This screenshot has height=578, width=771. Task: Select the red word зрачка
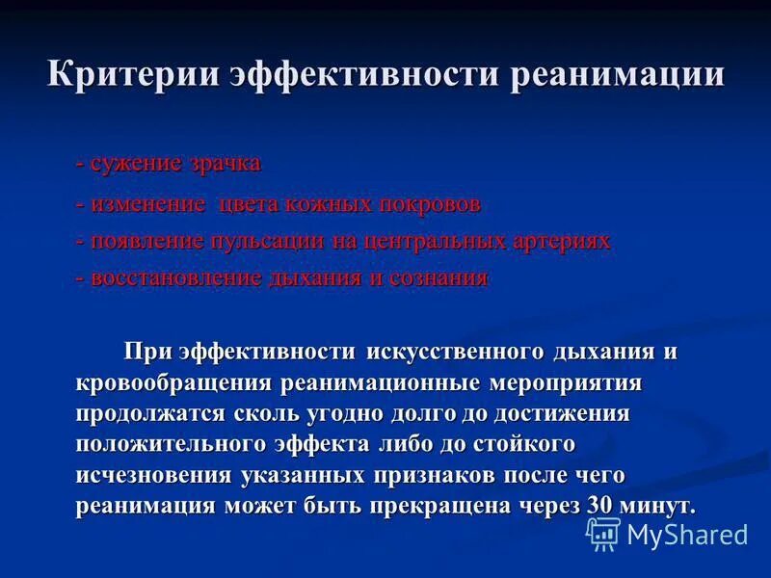pyautogui.click(x=225, y=163)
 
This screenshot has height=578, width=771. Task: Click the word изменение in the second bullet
pyautogui.click(x=148, y=204)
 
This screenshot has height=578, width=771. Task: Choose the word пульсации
pyautogui.click(x=273, y=241)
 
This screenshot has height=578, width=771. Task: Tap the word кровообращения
pyautogui.click(x=174, y=383)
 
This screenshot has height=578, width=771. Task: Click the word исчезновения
pyautogui.click(x=153, y=476)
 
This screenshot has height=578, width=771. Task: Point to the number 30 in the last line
pyautogui.click(x=599, y=506)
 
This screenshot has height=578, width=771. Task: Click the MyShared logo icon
pyautogui.click(x=604, y=533)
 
